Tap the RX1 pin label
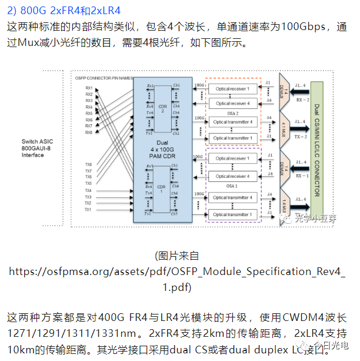89,88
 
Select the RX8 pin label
89,133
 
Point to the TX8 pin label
89,164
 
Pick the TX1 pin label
89,210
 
